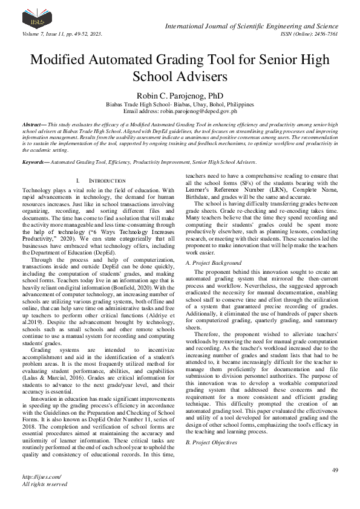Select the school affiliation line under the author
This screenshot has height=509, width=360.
point(180,104)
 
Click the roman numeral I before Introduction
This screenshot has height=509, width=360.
point(79,181)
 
